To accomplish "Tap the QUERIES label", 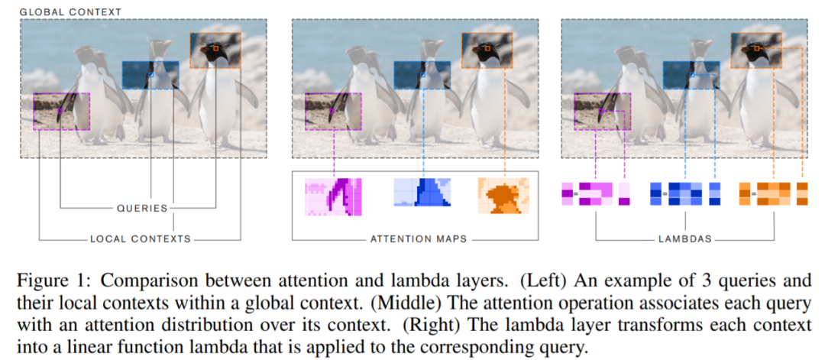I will click(x=142, y=207).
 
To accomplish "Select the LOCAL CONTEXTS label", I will click(x=141, y=239).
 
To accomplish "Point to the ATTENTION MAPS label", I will click(x=418, y=239).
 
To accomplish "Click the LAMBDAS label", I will click(x=685, y=239).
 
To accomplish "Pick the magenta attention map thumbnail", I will click(x=332, y=195).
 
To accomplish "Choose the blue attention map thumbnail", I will click(x=421, y=195).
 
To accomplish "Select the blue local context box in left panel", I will click(x=150, y=75).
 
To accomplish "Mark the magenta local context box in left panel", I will click(x=61, y=109).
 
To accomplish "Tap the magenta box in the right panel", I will click(x=602, y=109).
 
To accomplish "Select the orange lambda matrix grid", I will click(x=774, y=194).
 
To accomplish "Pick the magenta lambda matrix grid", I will click(x=597, y=194).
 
